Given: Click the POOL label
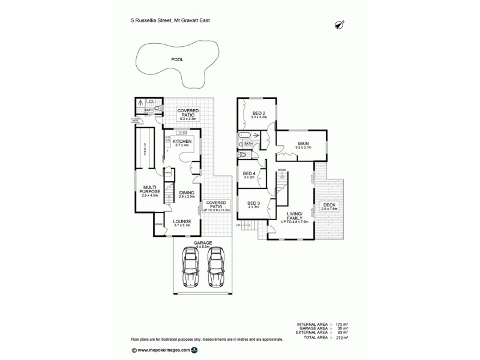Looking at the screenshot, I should click(177, 59).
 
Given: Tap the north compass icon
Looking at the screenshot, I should click(340, 24).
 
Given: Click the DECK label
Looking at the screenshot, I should click(329, 205).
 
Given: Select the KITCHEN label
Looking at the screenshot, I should click(182, 141).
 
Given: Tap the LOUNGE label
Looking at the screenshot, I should click(182, 221).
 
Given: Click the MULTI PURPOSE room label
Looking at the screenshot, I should click(147, 189).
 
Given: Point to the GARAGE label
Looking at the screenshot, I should click(202, 243).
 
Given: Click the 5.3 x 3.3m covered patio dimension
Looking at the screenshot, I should click(188, 119).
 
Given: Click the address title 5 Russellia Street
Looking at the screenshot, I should click(170, 20).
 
